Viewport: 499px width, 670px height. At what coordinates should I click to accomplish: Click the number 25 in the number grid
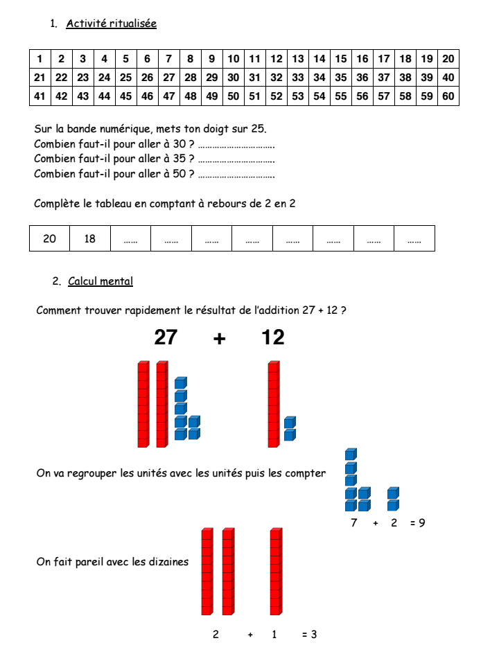point(125,78)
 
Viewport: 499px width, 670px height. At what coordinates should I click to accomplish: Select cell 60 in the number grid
point(448,96)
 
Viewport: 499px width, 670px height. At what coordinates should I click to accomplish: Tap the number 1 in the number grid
point(40,59)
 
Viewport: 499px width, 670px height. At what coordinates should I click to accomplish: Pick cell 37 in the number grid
point(384,78)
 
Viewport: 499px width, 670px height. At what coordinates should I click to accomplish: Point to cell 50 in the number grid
point(233,96)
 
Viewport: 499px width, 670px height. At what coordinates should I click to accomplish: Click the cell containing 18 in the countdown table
point(90,239)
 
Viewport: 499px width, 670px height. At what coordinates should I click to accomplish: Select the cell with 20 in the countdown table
point(50,239)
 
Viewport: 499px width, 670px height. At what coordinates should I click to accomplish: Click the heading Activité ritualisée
point(111,24)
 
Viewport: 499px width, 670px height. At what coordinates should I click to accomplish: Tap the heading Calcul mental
point(100,281)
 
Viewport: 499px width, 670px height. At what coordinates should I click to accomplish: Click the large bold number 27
point(166,337)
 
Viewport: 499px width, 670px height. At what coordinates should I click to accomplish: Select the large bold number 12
point(273,337)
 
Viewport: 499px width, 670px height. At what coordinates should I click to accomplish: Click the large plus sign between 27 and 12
point(220,338)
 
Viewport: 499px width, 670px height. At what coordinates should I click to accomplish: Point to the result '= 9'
point(418,523)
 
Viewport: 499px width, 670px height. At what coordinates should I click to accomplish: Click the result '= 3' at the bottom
point(310,634)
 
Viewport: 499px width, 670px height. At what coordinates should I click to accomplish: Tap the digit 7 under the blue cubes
point(354,523)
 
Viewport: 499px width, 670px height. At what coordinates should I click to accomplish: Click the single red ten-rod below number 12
point(274,404)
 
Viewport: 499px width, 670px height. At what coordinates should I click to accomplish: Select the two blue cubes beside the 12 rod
point(290,428)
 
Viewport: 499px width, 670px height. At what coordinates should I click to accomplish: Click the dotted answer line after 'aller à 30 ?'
point(236,146)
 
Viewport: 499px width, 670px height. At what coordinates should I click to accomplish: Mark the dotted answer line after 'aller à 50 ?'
point(236,175)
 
